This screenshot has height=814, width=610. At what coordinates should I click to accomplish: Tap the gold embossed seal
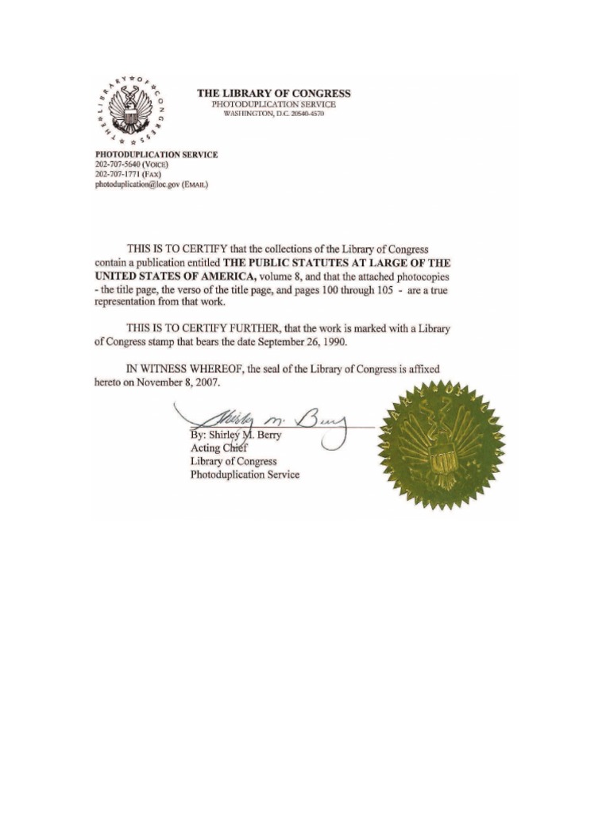pyautogui.click(x=442, y=445)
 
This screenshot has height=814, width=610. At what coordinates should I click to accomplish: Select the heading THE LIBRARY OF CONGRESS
pyautogui.click(x=273, y=93)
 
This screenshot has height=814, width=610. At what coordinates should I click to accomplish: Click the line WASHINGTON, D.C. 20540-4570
pyautogui.click(x=273, y=114)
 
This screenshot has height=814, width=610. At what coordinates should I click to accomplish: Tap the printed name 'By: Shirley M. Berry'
pyautogui.click(x=236, y=436)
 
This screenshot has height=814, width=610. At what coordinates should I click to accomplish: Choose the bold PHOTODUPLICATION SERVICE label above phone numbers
pyautogui.click(x=156, y=154)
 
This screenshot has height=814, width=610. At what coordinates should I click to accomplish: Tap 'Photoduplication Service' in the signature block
pyautogui.click(x=245, y=475)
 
